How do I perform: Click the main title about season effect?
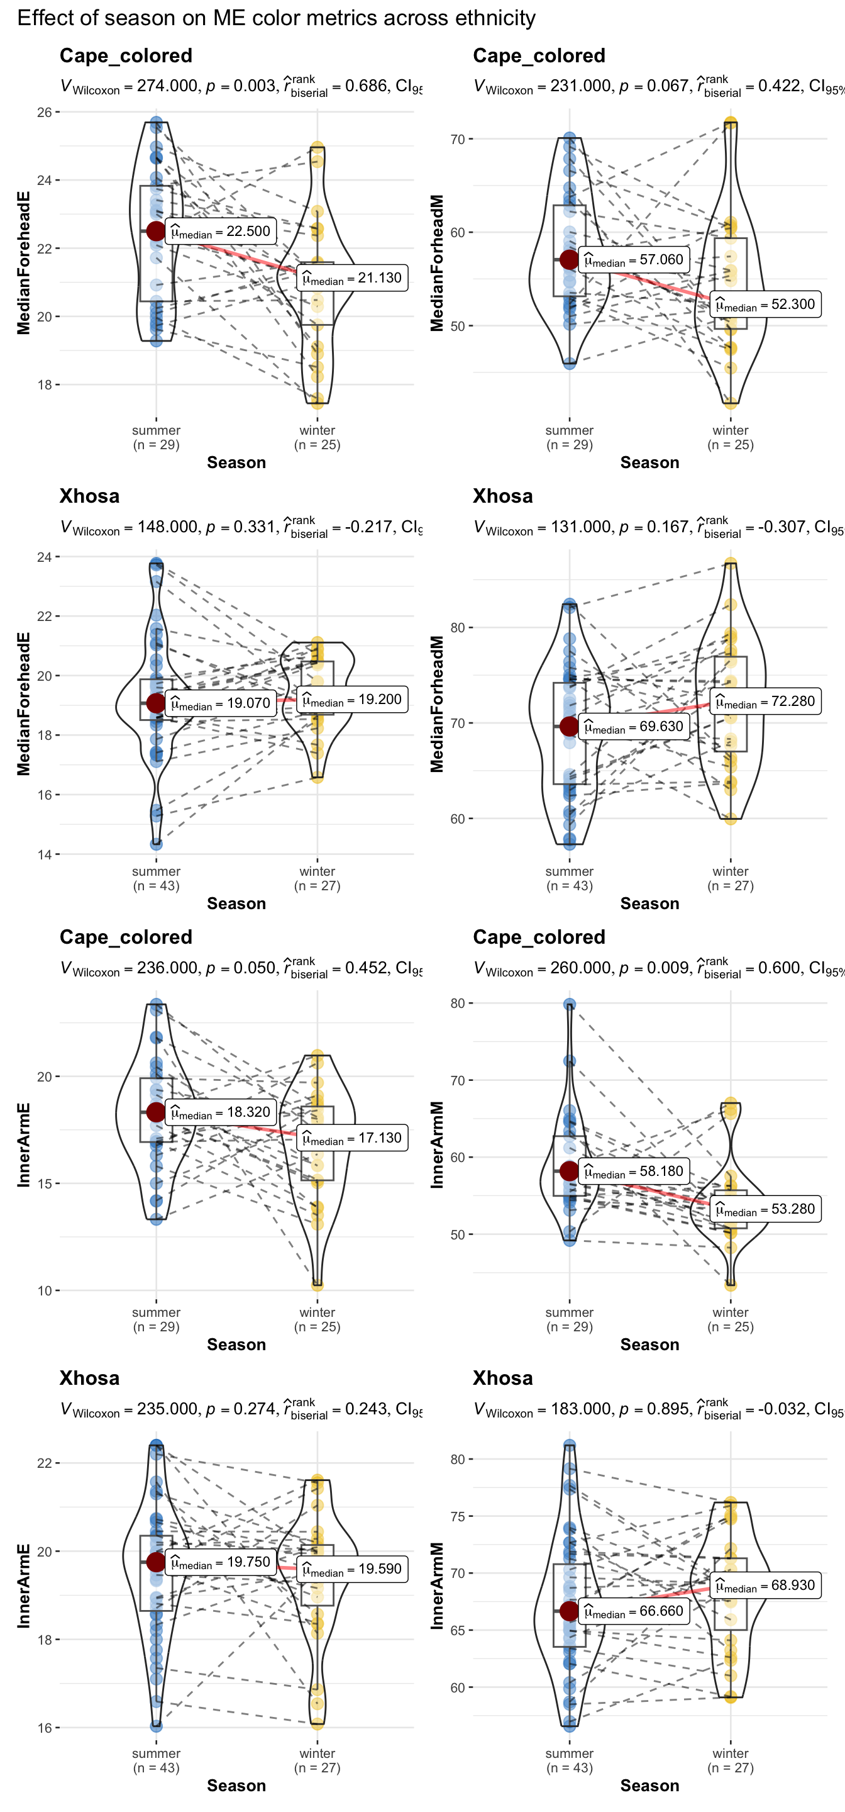(x=276, y=18)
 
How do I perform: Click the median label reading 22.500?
(x=221, y=232)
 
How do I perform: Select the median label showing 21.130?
(x=352, y=278)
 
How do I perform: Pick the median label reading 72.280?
(x=766, y=702)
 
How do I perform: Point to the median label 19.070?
(x=221, y=703)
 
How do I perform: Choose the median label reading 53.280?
(x=766, y=1209)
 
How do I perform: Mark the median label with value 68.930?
(x=766, y=1585)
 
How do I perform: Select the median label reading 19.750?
(x=221, y=1562)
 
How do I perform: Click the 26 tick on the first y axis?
(x=44, y=113)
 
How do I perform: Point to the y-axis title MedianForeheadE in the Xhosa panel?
(x=24, y=703)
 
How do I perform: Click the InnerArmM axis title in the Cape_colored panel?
(x=437, y=1144)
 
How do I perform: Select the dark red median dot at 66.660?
(x=570, y=1611)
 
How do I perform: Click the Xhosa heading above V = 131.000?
(x=502, y=496)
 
